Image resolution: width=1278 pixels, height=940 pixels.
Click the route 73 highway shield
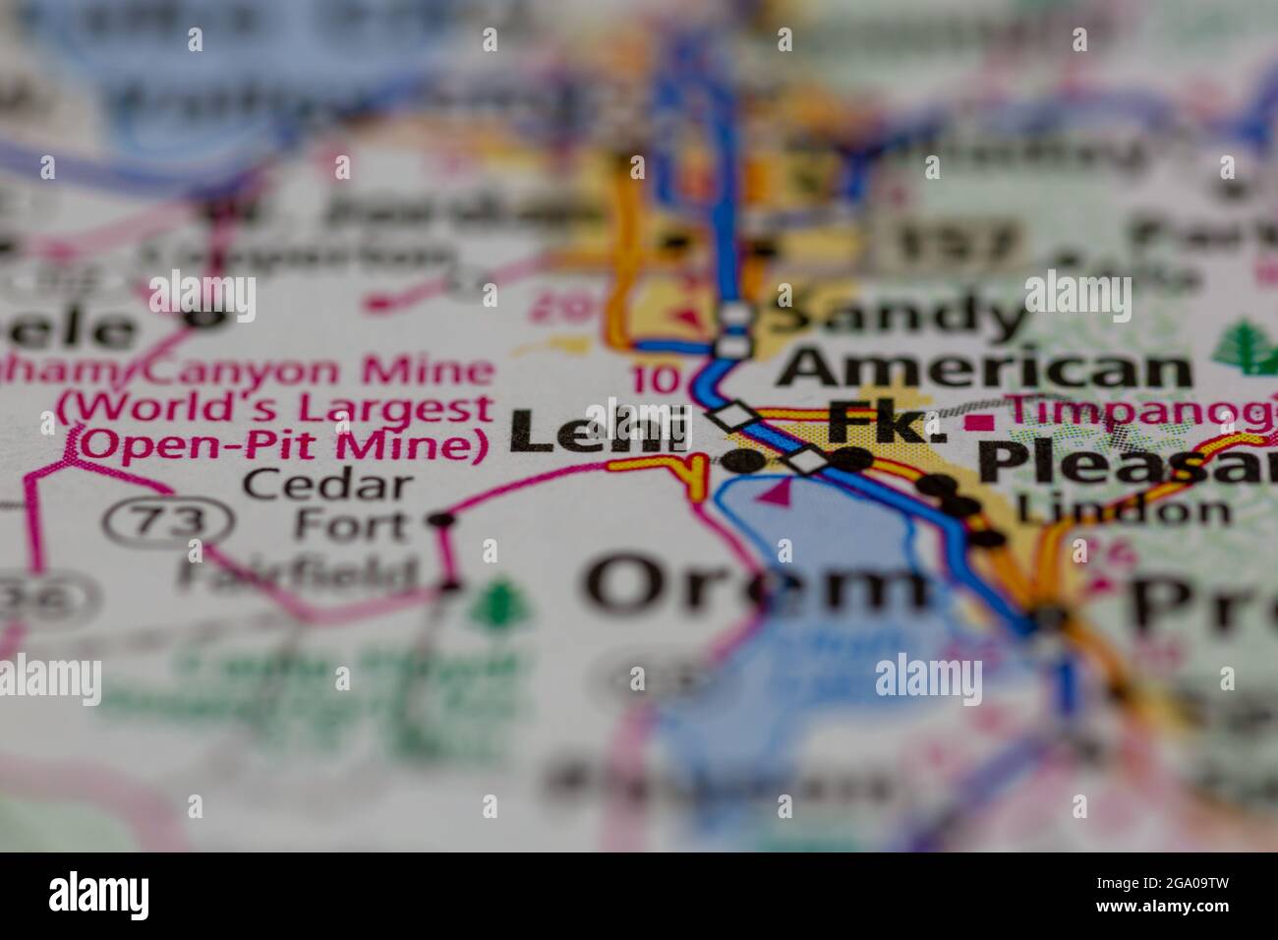pyautogui.click(x=166, y=522)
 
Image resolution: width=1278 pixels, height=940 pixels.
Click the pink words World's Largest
pyautogui.click(x=275, y=408)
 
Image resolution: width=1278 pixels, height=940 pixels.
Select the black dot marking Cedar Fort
pyautogui.click(x=442, y=519)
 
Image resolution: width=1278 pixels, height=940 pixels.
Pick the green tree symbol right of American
pyautogui.click(x=1242, y=346)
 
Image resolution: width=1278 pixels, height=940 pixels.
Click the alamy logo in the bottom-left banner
pyautogui.click(x=99, y=896)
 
